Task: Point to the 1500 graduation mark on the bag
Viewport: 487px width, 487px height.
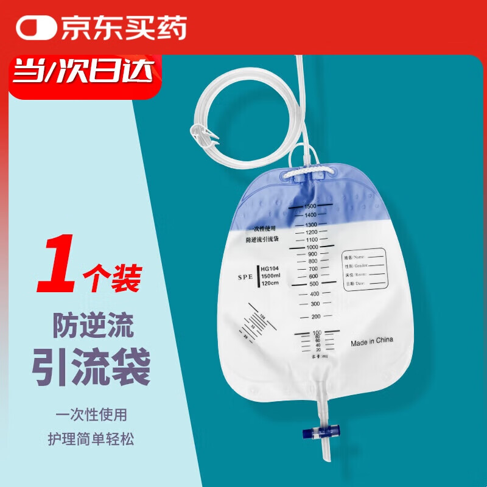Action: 311,206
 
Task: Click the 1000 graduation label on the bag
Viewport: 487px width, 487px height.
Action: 312,247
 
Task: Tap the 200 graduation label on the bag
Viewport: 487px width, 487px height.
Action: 316,317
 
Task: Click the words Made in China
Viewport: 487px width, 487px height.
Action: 372,343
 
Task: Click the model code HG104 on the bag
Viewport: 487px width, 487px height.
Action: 269,268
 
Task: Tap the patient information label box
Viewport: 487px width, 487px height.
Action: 364,268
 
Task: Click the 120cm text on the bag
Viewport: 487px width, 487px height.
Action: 270,284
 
